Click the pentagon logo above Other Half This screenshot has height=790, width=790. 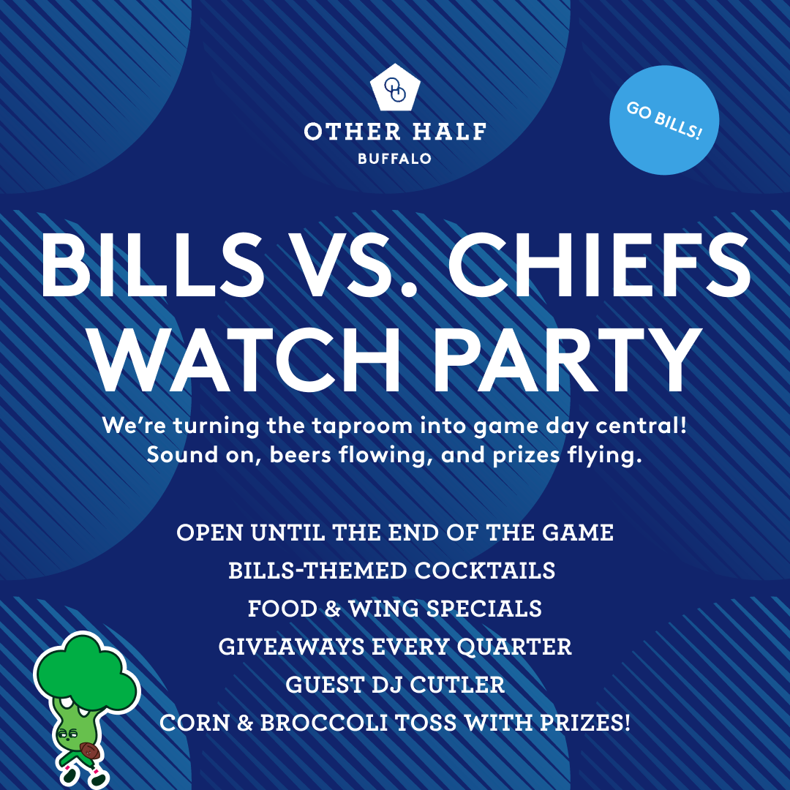click(x=395, y=89)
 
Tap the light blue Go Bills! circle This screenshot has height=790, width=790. click(x=664, y=119)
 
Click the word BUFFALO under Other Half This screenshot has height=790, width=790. click(x=395, y=158)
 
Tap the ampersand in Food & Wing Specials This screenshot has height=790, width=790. click(x=333, y=609)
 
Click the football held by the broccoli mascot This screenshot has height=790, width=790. click(x=88, y=751)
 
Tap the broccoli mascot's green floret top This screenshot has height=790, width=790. click(x=84, y=669)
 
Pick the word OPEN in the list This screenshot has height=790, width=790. click(x=209, y=533)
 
